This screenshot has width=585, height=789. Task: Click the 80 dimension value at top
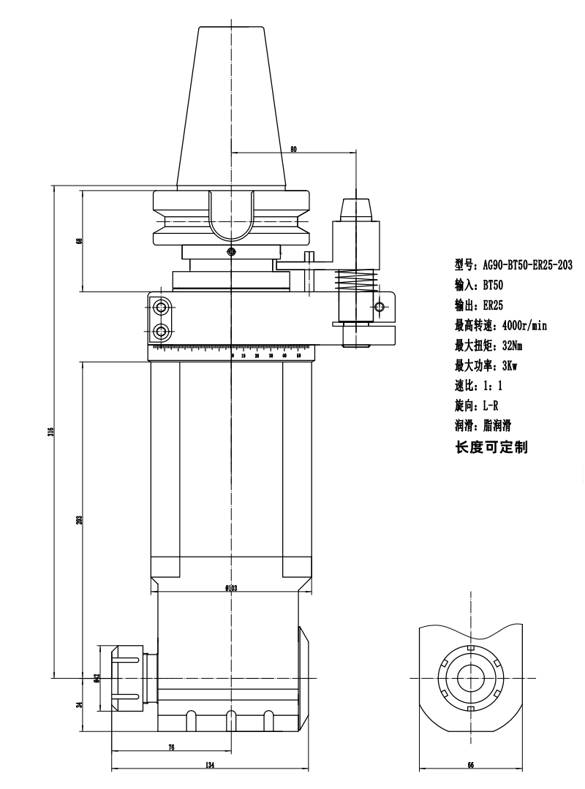[x=293, y=149]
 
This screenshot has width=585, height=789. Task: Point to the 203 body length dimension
[x=78, y=519]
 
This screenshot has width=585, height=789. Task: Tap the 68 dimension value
[x=78, y=241]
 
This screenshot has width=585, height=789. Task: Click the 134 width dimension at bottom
[x=210, y=765]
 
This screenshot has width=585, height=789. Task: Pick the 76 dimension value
[x=171, y=747]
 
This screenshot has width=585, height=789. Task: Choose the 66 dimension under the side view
[x=471, y=765]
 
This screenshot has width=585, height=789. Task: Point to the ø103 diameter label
[x=233, y=588]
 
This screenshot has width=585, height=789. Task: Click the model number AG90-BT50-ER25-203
[x=513, y=265]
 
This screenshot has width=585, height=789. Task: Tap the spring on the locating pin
[x=355, y=279]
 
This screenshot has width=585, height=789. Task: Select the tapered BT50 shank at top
[x=230, y=110]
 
